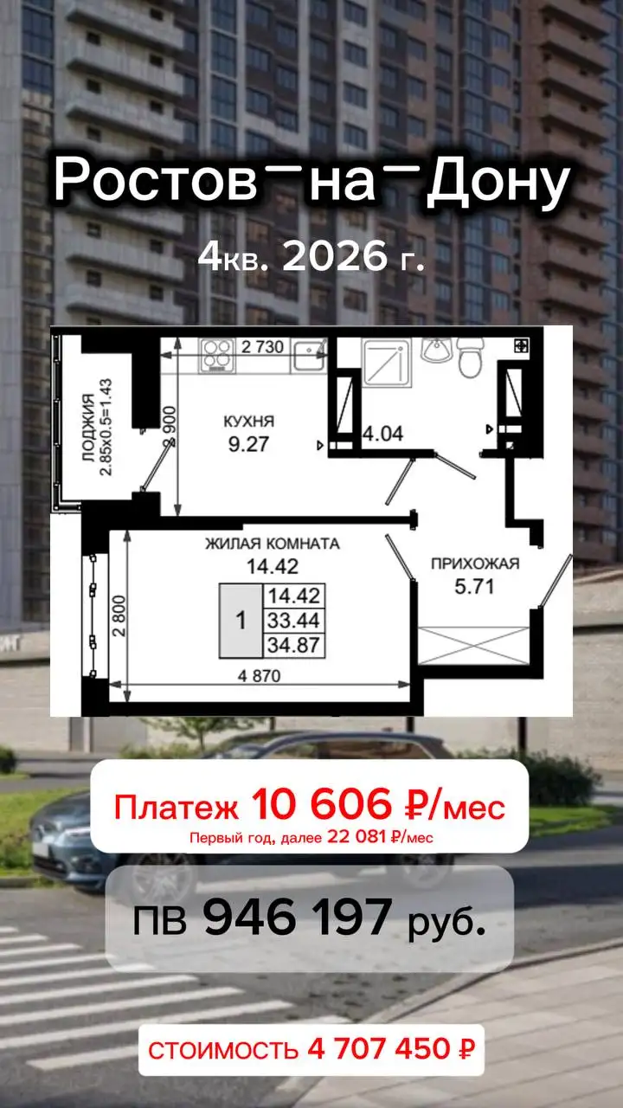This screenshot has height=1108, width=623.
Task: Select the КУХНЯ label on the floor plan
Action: point(248,422)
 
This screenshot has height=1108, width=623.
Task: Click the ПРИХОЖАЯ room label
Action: point(475,564)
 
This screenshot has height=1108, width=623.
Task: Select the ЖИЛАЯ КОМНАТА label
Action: point(272,544)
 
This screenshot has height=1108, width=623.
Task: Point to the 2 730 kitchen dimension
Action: point(262,347)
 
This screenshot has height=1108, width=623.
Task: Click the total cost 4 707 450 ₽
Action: point(390,1051)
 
